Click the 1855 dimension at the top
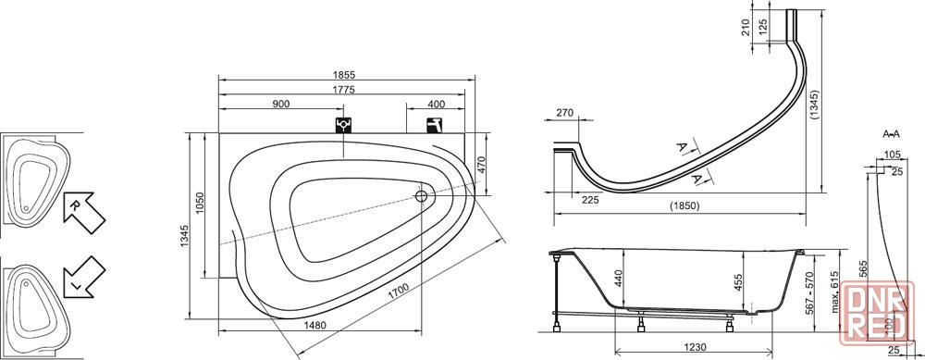[347, 74]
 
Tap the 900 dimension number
[281, 104]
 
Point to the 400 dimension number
[436, 105]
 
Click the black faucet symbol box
[434, 126]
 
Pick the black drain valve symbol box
[343, 126]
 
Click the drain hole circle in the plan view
[422, 196]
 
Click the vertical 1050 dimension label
[200, 203]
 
